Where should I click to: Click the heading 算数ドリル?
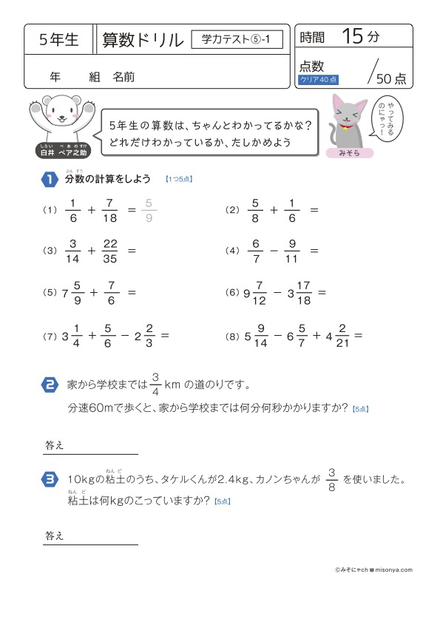pyautogui.click(x=143, y=40)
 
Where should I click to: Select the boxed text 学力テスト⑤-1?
pyautogui.click(x=237, y=40)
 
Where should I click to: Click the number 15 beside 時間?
pyautogui.click(x=353, y=36)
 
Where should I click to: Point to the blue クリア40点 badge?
pyautogui.click(x=318, y=79)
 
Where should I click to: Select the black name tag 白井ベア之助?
pyautogui.click(x=61, y=150)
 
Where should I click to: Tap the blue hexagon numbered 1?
pyautogui.click(x=49, y=179)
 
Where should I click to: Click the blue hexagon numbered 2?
pyautogui.click(x=49, y=385)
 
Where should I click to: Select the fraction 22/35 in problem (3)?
pyautogui.click(x=111, y=251)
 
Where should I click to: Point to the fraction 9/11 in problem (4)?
pyautogui.click(x=292, y=251)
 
